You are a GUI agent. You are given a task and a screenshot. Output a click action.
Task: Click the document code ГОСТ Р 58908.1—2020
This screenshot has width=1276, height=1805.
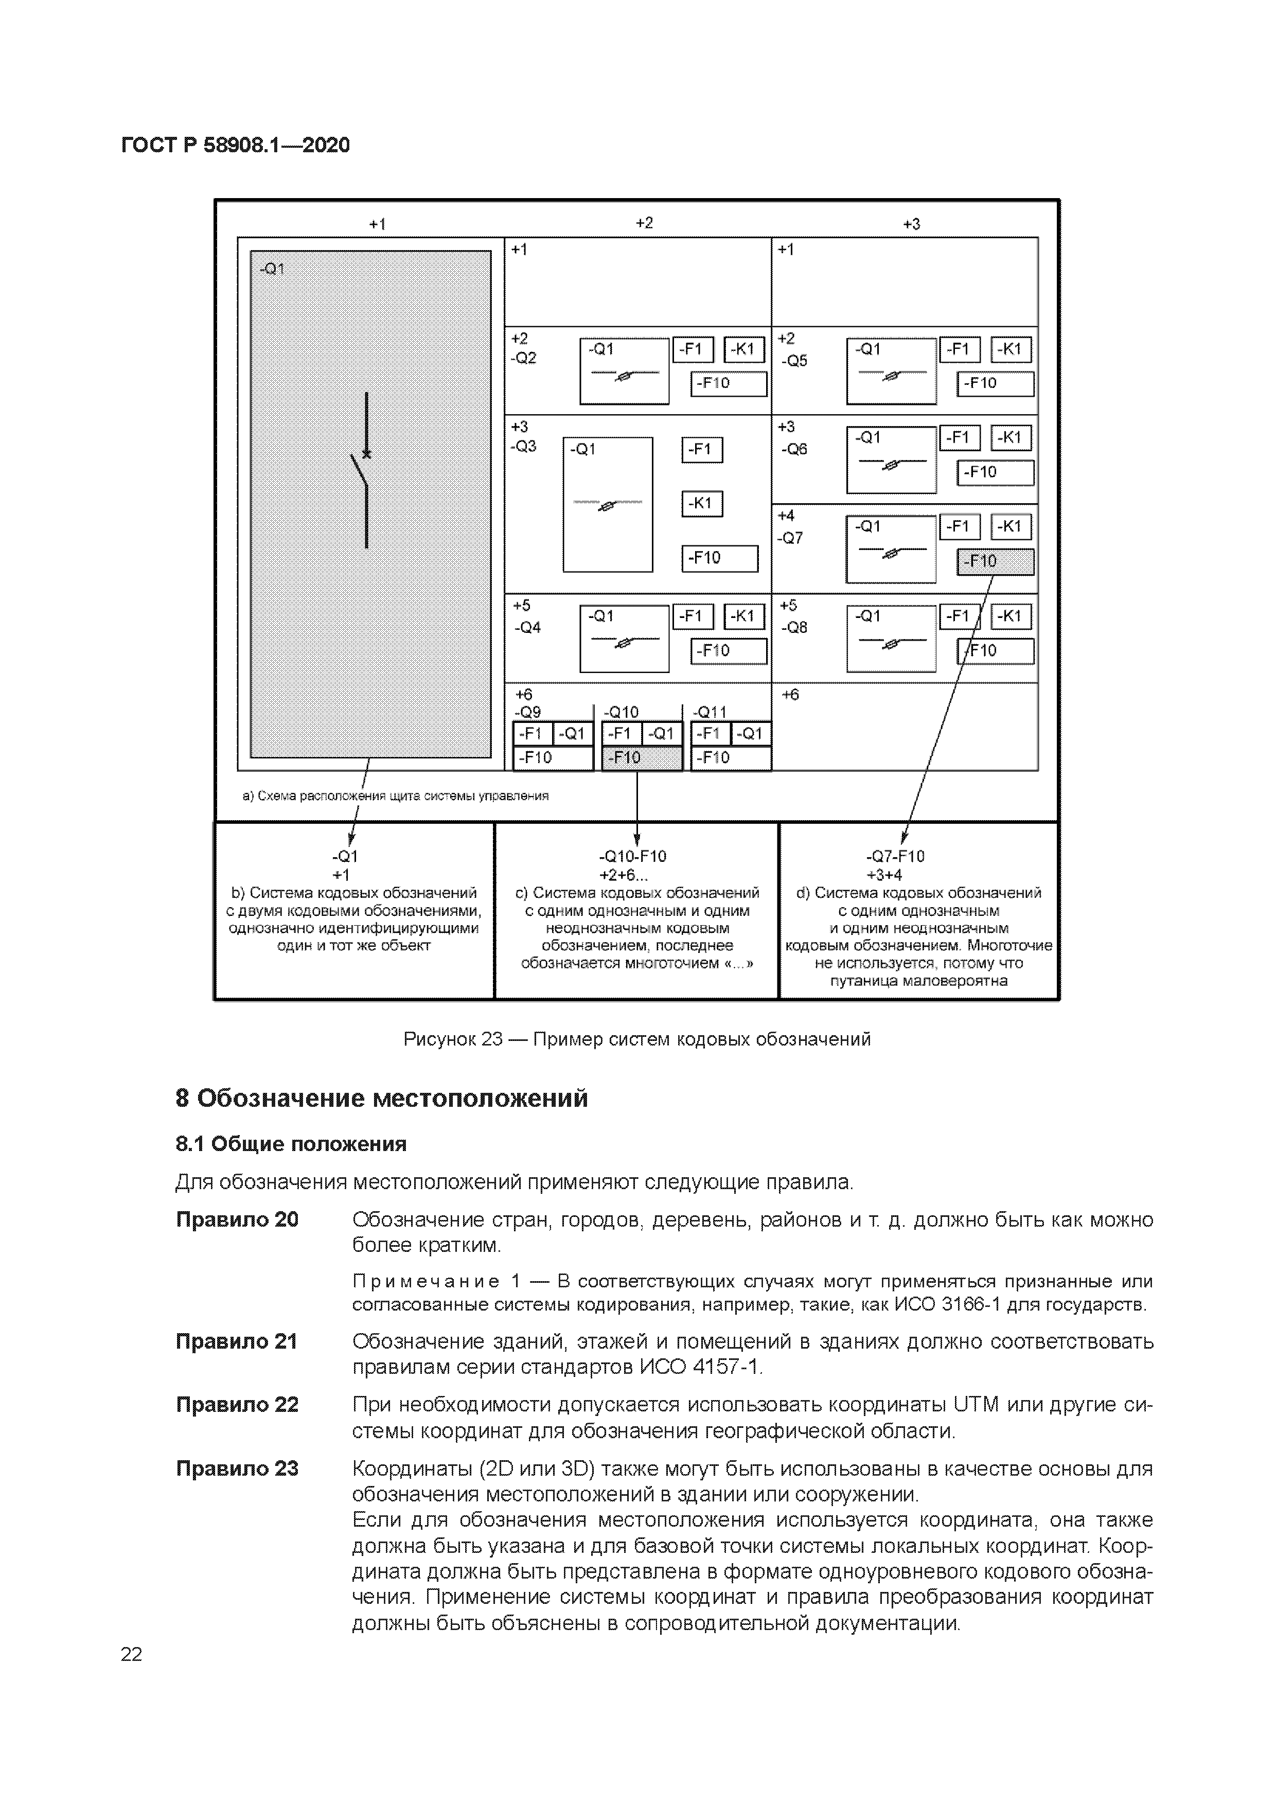[235, 146]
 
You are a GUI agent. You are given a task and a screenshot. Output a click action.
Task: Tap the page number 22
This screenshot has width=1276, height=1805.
[131, 1654]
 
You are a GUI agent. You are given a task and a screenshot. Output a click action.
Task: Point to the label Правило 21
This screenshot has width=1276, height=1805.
[237, 1341]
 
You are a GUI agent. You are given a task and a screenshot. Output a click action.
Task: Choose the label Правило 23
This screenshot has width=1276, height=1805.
[237, 1468]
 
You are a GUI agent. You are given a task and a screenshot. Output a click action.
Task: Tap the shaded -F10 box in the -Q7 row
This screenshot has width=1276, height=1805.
[995, 561]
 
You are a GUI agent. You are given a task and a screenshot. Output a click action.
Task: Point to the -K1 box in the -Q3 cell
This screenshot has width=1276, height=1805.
[701, 504]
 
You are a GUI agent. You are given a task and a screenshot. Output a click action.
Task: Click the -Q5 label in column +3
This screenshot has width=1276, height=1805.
[795, 361]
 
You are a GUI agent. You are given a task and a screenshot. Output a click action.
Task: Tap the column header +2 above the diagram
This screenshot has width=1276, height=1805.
[644, 223]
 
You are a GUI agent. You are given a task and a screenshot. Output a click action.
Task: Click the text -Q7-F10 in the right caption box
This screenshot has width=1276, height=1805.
[895, 856]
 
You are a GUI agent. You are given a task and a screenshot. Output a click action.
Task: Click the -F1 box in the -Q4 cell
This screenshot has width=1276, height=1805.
[693, 617]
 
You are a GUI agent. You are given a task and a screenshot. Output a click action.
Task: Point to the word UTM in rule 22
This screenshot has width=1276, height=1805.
[975, 1404]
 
